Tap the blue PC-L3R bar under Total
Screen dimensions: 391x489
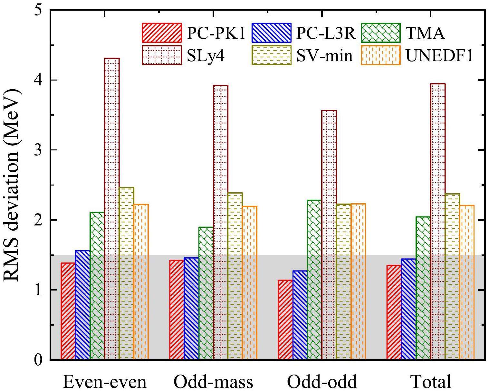(x=408, y=309)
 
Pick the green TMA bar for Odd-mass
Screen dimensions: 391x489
(x=206, y=293)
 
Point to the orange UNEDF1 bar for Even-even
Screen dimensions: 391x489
(x=141, y=282)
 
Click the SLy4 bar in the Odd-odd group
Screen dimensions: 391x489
(x=329, y=235)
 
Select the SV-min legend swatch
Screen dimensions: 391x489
(x=271, y=55)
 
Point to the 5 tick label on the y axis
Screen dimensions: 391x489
(x=39, y=10)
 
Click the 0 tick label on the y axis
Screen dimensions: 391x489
(x=39, y=359)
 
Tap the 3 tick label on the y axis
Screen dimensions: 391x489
(x=39, y=150)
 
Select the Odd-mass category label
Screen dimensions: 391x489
(x=213, y=382)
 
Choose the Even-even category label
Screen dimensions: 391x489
(x=104, y=382)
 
